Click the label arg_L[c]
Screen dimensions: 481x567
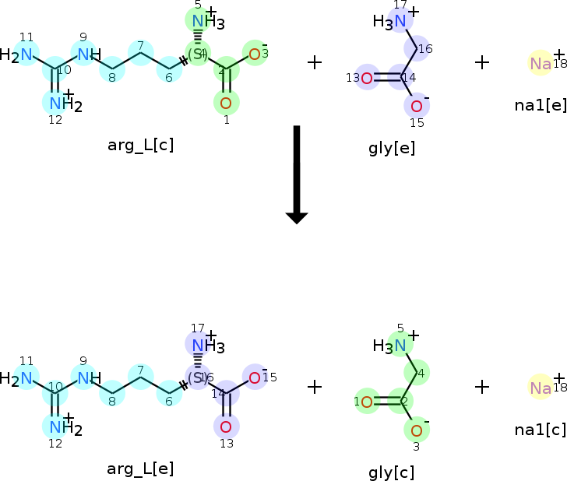pos(140,145)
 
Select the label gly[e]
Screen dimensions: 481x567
pos(392,148)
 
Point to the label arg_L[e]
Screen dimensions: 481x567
pos(140,469)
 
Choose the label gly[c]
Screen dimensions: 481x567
pos(392,472)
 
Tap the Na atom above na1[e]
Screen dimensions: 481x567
pos(541,64)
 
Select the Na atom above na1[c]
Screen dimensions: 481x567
pos(541,387)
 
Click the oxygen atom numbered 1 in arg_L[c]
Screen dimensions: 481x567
pos(226,102)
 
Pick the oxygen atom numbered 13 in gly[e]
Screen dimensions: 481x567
pos(366,78)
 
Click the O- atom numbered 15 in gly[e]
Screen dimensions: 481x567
pos(417,106)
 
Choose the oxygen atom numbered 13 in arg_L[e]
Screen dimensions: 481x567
pos(226,426)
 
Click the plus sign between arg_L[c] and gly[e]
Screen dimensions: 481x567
pos(315,62)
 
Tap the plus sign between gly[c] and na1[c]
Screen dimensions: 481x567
pos(482,386)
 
